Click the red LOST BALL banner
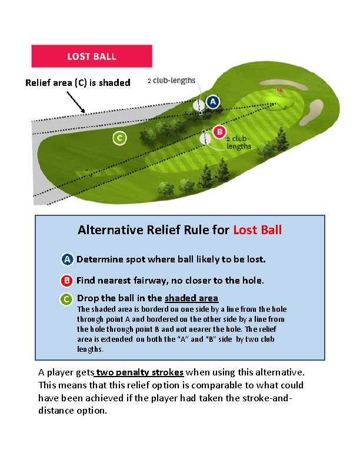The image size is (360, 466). click(91, 56)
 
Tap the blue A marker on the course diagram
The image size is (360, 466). click(212, 102)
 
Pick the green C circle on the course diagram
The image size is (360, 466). click(119, 138)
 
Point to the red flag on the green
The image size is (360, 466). click(279, 90)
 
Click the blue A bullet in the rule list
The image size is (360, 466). click(68, 259)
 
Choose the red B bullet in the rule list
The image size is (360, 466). click(68, 281)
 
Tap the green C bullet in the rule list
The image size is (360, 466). click(68, 299)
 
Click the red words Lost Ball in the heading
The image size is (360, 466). click(258, 229)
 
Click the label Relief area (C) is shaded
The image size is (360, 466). click(78, 83)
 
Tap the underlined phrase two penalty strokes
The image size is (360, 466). click(140, 372)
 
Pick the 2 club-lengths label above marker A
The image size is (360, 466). click(171, 81)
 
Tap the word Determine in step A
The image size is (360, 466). click(99, 259)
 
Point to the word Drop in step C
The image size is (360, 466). click(88, 298)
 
